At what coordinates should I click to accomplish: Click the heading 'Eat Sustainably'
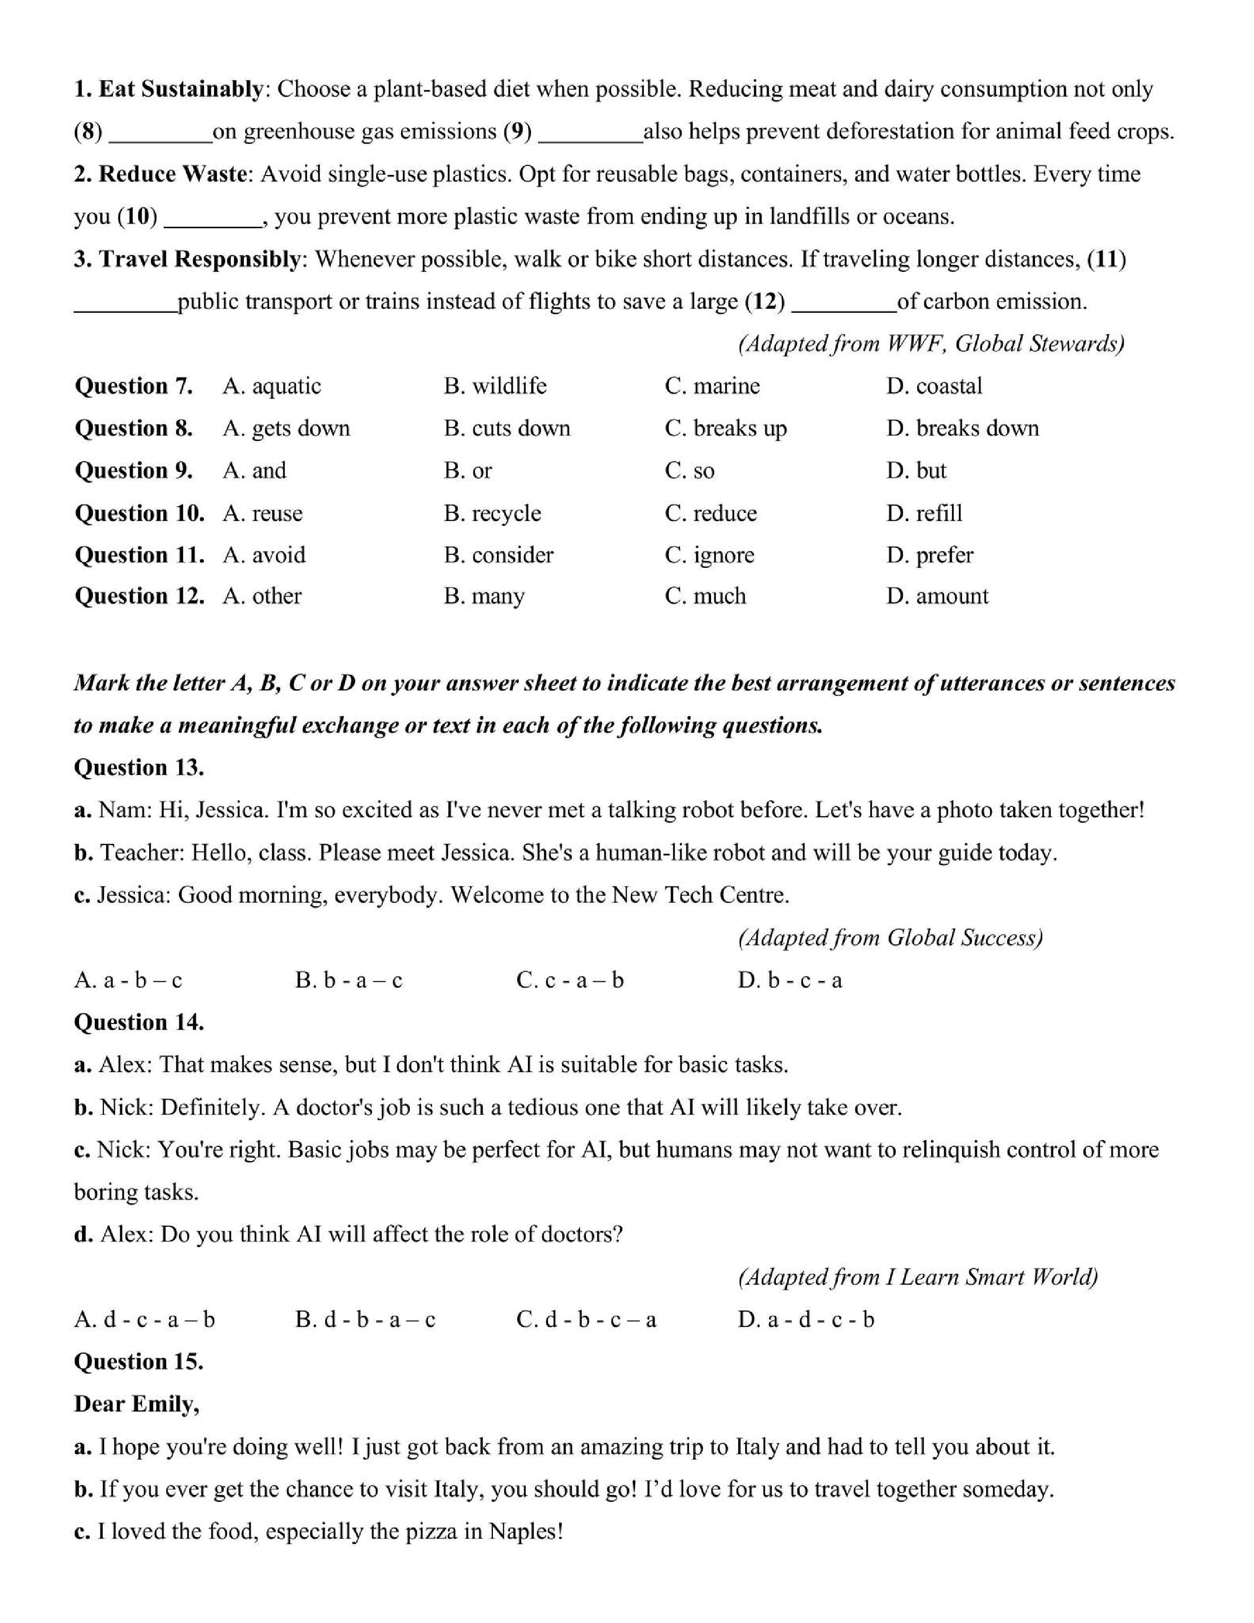pos(181,89)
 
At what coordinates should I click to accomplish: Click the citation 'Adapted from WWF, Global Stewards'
pos(930,343)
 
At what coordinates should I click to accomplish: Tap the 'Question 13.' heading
pos(139,768)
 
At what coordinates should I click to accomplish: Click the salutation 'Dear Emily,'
pos(137,1404)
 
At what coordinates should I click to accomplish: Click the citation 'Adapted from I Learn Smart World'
pos(917,1278)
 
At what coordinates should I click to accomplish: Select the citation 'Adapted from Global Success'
pos(890,938)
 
